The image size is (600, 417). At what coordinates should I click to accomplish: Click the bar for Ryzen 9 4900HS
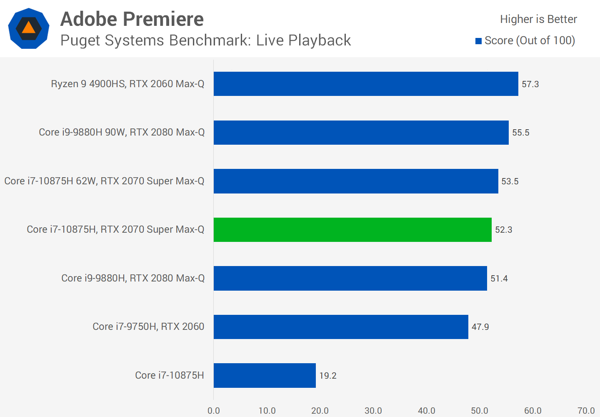point(366,84)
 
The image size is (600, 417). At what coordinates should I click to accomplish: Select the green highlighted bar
point(352,230)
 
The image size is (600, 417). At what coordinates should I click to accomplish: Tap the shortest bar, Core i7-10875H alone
point(265,375)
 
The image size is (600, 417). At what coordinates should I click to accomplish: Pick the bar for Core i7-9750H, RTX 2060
point(341,327)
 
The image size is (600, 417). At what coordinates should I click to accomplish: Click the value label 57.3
point(530,84)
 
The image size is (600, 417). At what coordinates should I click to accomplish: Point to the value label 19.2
point(327,376)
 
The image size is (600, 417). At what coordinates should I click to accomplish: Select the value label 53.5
point(510,181)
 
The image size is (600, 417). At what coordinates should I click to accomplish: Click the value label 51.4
point(499,279)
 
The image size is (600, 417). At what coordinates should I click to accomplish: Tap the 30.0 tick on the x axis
point(373,411)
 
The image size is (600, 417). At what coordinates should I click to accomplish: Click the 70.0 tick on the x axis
point(586,411)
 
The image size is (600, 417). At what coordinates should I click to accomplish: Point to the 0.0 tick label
point(213,411)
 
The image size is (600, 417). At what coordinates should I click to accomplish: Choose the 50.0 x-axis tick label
point(480,411)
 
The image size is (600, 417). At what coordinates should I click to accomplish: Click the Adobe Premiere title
point(132,19)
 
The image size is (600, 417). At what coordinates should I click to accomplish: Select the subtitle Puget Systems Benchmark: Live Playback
point(205,40)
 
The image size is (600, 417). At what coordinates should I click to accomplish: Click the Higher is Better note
point(538,19)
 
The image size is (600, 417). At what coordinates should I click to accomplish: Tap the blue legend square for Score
point(479,41)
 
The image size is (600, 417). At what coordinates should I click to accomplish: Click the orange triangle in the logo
point(28,28)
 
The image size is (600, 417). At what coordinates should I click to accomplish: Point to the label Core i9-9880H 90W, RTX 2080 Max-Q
point(122,132)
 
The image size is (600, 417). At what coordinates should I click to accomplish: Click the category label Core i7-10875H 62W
point(104,181)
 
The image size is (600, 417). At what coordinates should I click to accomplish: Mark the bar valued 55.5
point(361,133)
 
